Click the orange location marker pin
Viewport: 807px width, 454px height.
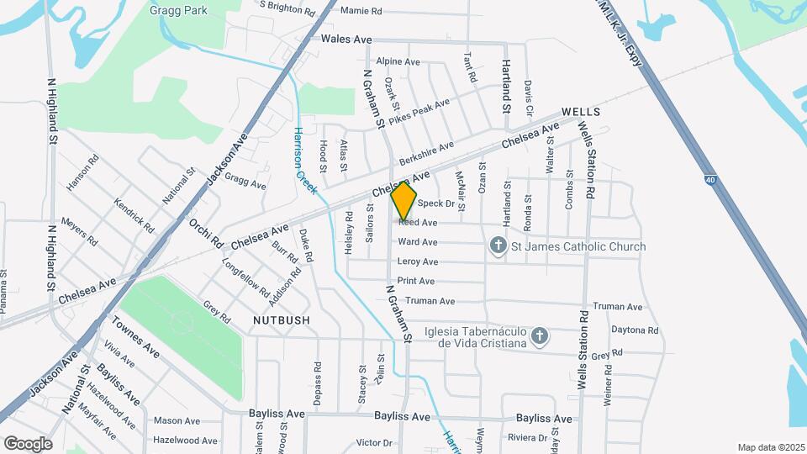coord(404,201)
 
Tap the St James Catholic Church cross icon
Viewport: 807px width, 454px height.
coord(498,246)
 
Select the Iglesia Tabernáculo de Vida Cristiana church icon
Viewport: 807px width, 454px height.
coord(540,336)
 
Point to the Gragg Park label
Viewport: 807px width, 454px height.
coord(179,10)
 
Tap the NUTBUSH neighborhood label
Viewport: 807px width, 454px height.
coord(281,320)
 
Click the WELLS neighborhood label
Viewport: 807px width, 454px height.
coord(580,112)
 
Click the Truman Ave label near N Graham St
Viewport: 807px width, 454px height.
coord(430,301)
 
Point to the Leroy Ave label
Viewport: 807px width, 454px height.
coord(418,262)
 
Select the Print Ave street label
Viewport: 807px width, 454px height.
coord(416,281)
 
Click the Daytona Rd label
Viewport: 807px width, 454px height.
coord(635,330)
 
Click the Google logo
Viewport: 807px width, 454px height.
coord(28,443)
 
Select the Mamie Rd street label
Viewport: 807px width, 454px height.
coord(361,12)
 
